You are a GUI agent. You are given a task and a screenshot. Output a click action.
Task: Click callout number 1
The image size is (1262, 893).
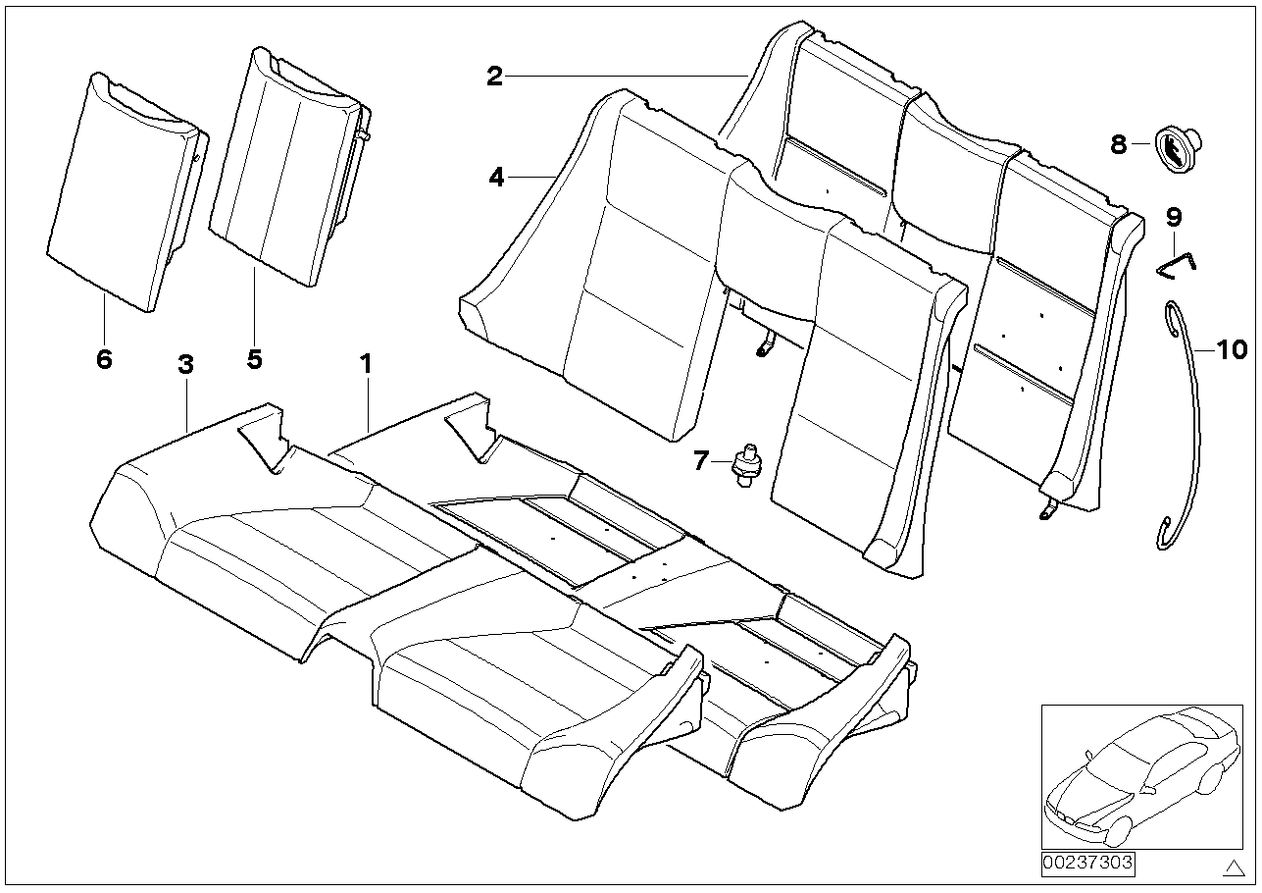coord(365,364)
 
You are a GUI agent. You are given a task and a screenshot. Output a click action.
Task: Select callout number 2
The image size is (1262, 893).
coord(495,77)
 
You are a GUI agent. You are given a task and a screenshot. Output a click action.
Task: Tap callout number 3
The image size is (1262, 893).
coord(185,364)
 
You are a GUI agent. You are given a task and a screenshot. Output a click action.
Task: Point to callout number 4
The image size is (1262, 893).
coord(496,178)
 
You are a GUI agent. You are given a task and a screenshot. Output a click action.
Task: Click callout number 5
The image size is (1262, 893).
coord(254,359)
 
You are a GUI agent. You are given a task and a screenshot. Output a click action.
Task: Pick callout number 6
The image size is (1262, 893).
coord(104,359)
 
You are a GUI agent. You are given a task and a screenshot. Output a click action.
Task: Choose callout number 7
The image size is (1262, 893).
coord(700,460)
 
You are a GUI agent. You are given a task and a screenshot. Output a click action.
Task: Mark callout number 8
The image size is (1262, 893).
coord(1119,145)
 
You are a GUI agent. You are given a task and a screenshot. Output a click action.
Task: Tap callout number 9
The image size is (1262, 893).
coord(1174,215)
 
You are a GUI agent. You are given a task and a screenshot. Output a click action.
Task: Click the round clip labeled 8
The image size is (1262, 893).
coord(1172,150)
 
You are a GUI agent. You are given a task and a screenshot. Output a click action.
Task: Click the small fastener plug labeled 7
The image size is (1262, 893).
coord(747,463)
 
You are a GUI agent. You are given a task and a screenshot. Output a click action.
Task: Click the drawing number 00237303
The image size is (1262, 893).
coord(1086,863)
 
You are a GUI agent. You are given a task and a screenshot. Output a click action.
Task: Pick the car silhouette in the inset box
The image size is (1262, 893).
coord(1137,775)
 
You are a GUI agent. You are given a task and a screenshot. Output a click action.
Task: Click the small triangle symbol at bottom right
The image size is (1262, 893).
coord(1231,866)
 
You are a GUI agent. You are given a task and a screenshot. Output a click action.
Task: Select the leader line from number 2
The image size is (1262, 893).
coord(628,77)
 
